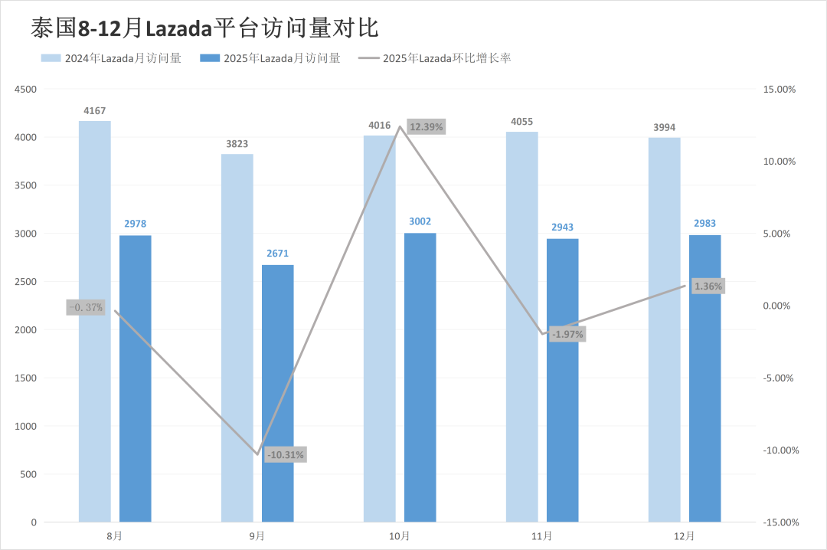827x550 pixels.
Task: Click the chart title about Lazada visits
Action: tap(204, 28)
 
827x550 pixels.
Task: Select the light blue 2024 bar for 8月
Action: tap(94, 322)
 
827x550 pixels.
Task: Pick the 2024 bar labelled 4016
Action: tap(379, 329)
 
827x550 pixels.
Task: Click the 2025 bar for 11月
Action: tap(562, 380)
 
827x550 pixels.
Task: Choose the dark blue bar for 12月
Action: tap(704, 378)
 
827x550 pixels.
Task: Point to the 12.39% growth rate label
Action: tap(426, 126)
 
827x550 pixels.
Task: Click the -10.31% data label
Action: tap(286, 455)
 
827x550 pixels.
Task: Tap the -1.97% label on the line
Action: tap(567, 334)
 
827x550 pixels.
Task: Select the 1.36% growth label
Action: tap(708, 286)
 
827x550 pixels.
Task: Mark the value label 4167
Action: tap(95, 111)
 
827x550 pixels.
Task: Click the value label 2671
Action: tap(277, 253)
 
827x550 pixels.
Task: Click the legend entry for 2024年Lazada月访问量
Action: tap(111, 57)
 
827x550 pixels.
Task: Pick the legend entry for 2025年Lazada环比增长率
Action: tap(435, 57)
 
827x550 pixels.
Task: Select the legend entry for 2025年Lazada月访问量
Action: tap(270, 57)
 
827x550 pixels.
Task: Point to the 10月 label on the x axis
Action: tap(400, 536)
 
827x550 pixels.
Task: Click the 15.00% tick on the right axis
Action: tap(780, 89)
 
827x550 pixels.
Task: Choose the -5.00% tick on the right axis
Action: tap(780, 378)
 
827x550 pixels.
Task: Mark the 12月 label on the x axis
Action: tap(685, 536)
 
